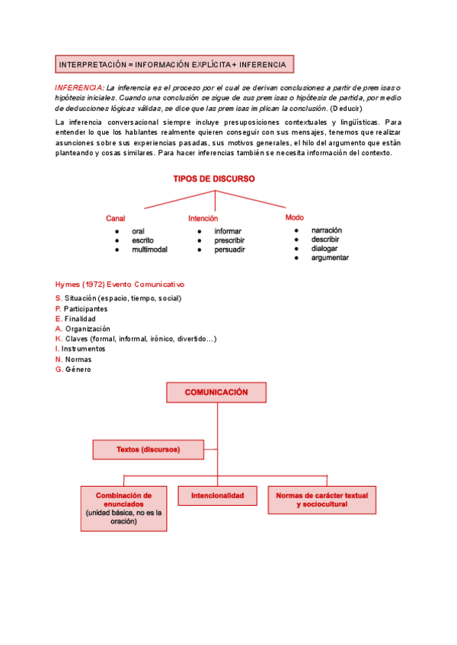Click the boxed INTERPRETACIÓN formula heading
(173, 65)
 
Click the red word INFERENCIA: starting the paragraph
(79, 87)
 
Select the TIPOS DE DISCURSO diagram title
(214, 179)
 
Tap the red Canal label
(116, 218)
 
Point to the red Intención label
(203, 218)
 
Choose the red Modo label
(294, 217)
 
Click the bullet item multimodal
(149, 249)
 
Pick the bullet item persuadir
(229, 249)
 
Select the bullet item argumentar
(330, 258)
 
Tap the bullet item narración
(327, 230)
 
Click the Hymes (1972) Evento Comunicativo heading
(120, 284)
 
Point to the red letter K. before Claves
(59, 338)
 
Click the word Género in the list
(78, 369)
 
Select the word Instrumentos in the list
(83, 348)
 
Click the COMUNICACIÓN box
(216, 392)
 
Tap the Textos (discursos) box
(148, 450)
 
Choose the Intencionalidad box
(217, 496)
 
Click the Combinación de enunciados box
(123, 508)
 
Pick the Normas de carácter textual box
(321, 500)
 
